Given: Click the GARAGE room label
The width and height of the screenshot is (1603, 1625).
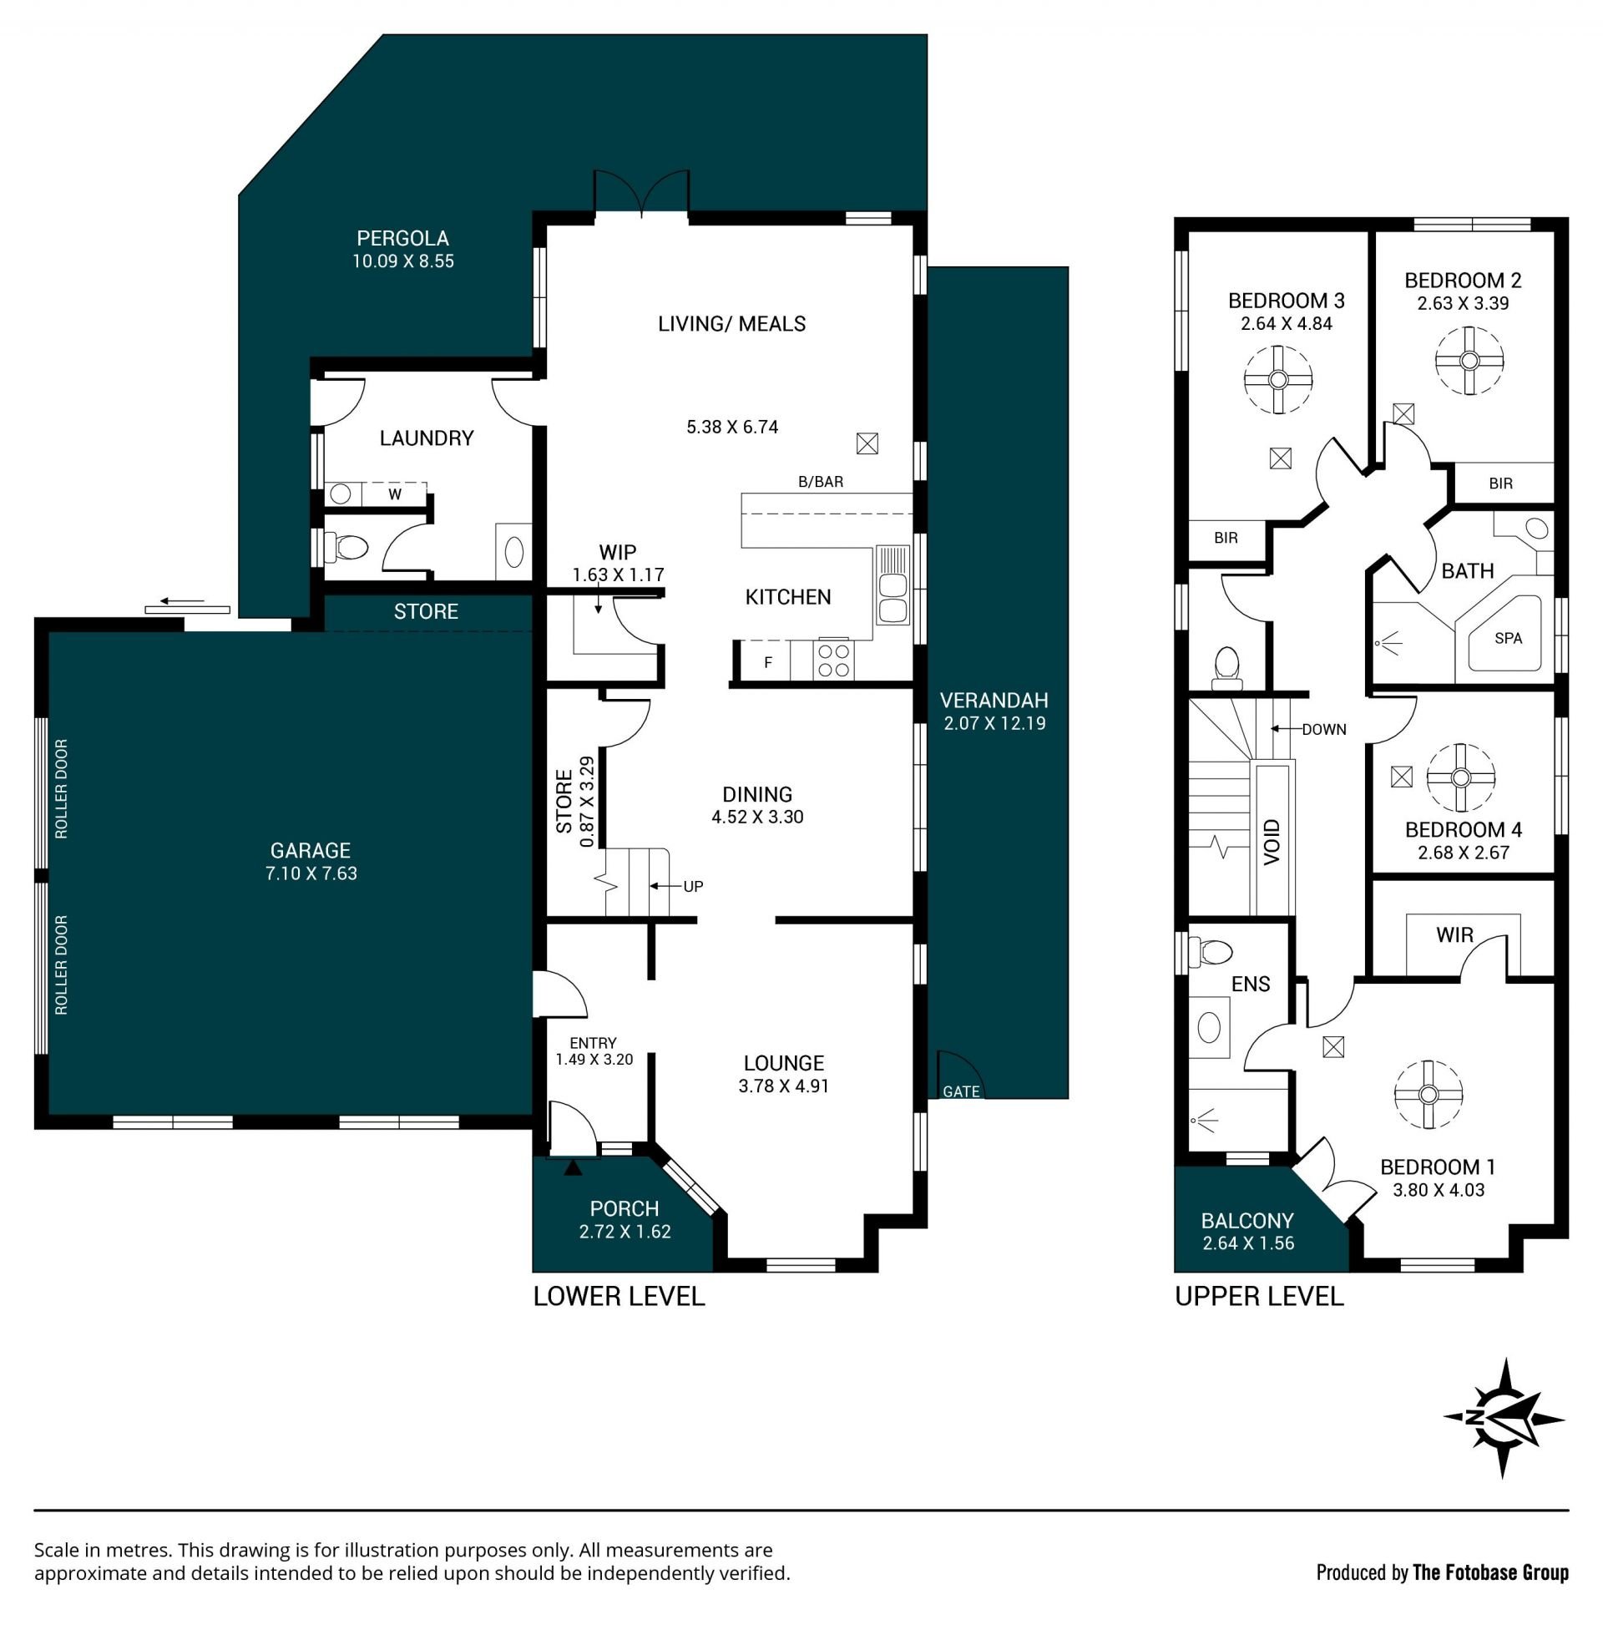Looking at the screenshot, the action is (311, 850).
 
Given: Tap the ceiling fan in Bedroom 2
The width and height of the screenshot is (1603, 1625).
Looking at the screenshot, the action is (1469, 361).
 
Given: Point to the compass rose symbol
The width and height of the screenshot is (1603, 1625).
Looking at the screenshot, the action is (1503, 1417).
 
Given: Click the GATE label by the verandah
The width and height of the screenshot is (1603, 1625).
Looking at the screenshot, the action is (960, 1091).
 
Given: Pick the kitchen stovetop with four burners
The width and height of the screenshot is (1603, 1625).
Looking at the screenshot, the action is (832, 660).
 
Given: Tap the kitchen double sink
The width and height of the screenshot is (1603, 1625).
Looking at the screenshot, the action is (893, 585).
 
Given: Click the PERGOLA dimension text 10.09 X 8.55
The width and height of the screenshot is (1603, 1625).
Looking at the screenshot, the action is (403, 261).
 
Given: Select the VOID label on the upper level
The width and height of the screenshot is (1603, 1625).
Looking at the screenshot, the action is (1272, 841).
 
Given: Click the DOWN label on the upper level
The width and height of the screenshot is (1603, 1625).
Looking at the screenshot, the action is (1324, 729).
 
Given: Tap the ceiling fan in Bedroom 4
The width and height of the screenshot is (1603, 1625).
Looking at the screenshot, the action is (1460, 777).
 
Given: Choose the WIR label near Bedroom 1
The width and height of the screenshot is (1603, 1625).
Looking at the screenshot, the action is (1454, 935).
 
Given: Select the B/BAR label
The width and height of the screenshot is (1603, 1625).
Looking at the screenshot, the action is (820, 482).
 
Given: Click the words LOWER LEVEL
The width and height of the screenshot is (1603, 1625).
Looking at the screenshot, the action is (619, 1296).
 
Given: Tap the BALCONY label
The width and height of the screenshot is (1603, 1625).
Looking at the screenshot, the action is (1247, 1221).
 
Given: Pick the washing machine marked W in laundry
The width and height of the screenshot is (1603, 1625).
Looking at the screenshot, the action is (394, 494).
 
